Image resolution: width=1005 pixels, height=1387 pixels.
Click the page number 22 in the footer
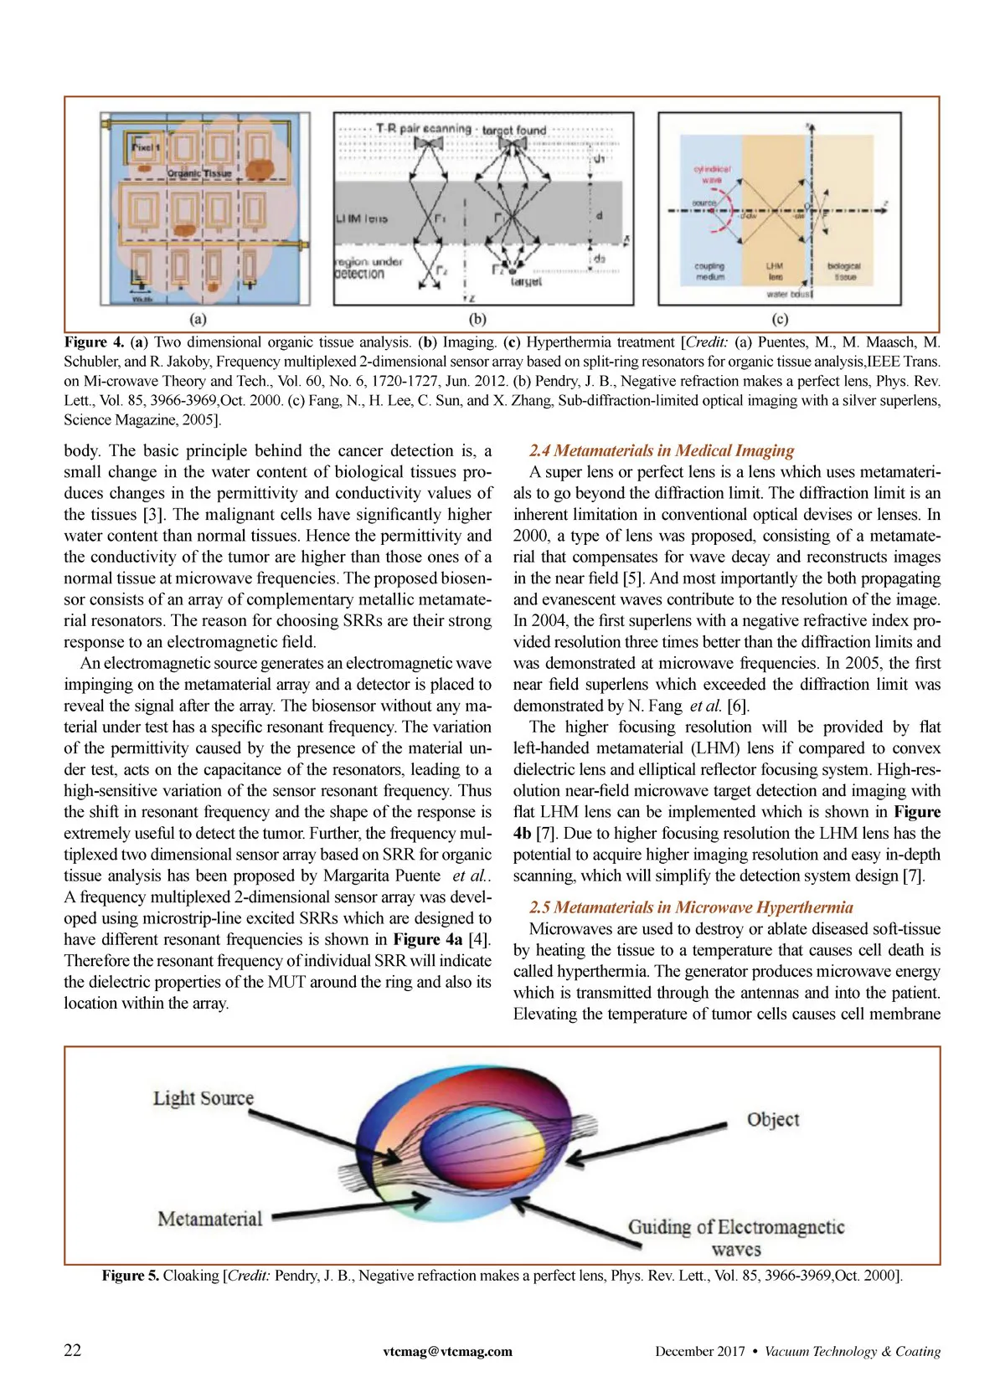click(73, 1350)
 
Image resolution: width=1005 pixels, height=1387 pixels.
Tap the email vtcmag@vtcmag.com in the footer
click(447, 1351)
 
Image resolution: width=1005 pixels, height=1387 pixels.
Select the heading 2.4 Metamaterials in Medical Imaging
click(662, 451)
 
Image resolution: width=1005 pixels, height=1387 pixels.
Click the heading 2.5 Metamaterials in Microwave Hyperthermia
click(691, 907)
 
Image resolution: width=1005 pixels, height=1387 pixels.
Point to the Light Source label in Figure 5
click(204, 1098)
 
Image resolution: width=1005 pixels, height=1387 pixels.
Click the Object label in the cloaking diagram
click(773, 1120)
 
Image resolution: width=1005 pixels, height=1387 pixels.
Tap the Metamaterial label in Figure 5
click(210, 1219)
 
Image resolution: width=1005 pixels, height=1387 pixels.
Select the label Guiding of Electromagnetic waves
click(736, 1238)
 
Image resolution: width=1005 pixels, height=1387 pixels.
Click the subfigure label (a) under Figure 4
click(198, 319)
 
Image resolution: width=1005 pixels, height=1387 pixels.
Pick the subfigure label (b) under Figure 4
click(477, 319)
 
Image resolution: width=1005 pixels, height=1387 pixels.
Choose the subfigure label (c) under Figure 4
click(780, 319)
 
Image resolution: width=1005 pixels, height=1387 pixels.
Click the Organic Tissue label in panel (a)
click(199, 173)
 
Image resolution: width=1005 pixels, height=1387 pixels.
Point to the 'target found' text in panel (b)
click(514, 131)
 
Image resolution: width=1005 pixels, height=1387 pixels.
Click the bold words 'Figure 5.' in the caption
click(131, 1276)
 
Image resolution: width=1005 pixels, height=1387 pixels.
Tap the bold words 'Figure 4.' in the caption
click(94, 342)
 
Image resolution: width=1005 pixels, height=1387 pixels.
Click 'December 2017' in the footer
click(699, 1351)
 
